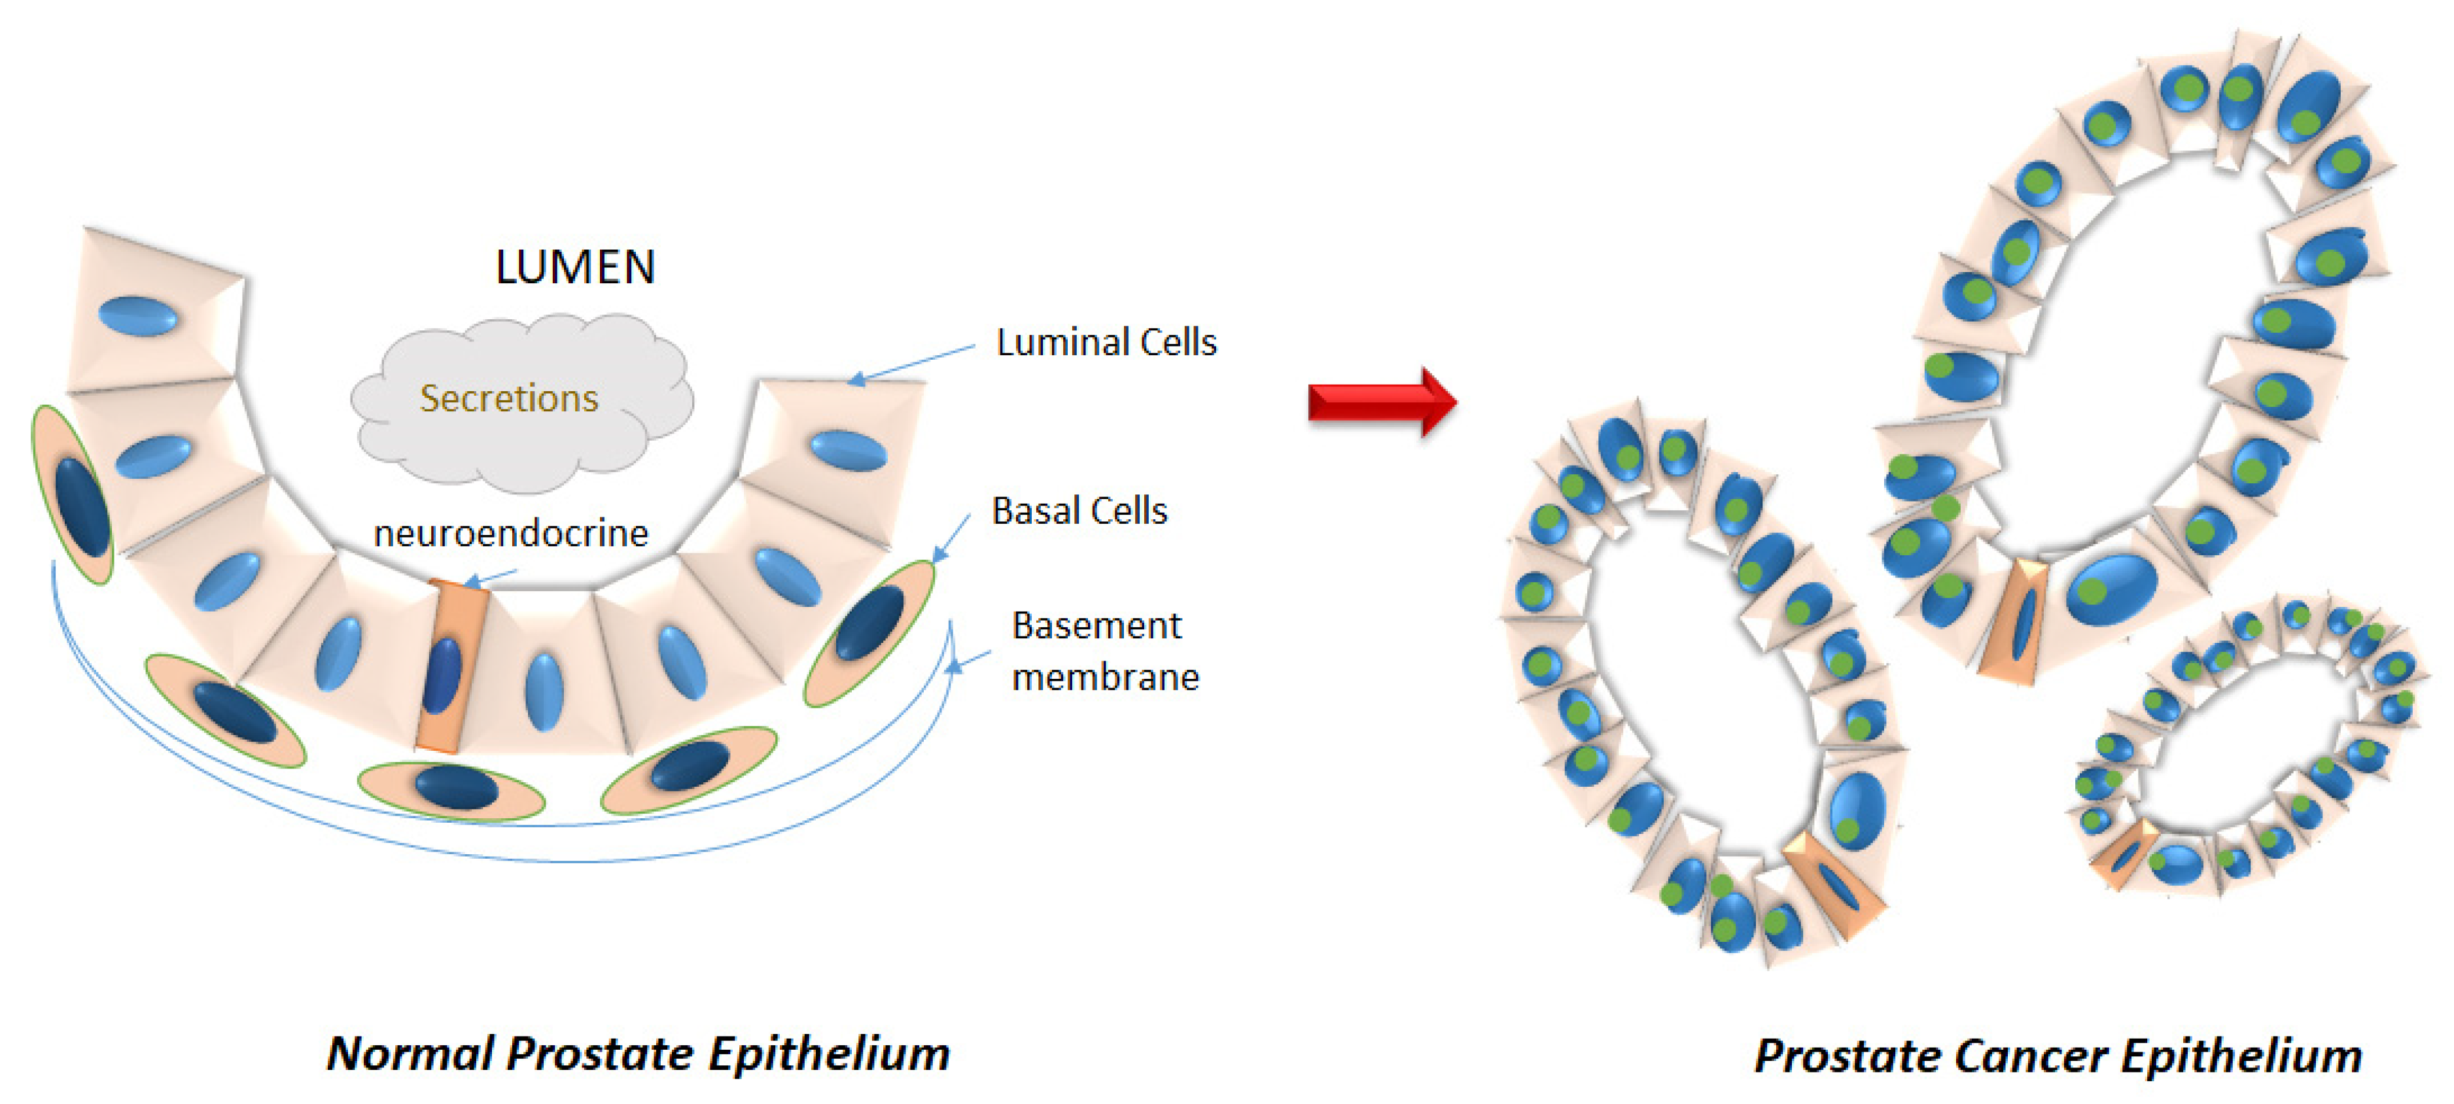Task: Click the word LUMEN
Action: [x=576, y=267]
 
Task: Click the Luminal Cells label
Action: [x=1106, y=342]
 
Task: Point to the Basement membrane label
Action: [x=1104, y=651]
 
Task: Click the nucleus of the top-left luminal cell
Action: [x=138, y=315]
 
